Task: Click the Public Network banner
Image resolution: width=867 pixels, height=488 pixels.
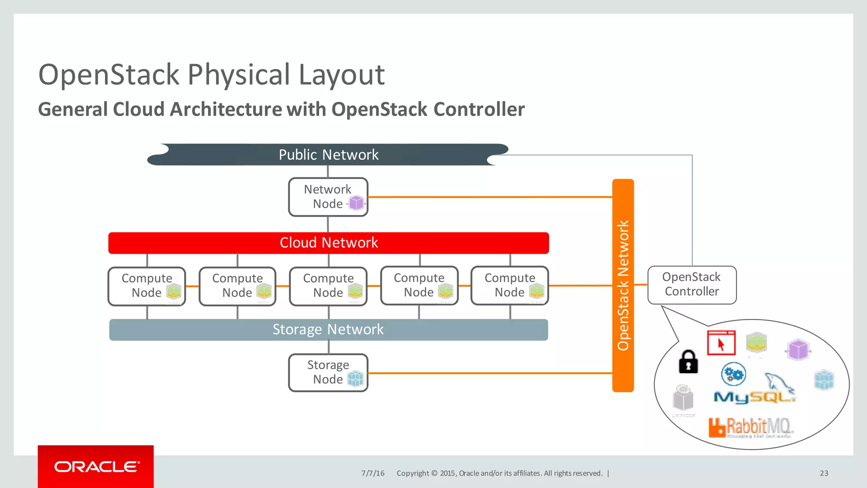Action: (328, 155)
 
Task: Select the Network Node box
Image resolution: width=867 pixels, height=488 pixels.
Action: (328, 197)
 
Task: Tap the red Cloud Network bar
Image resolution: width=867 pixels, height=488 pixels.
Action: (329, 243)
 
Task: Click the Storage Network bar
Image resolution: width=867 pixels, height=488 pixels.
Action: (329, 330)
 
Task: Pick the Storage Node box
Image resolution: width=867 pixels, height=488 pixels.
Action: (328, 372)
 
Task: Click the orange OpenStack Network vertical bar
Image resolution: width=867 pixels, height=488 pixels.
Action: (623, 285)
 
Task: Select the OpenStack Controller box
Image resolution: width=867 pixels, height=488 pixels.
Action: (692, 285)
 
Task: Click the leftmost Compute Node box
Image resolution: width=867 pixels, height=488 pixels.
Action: (146, 286)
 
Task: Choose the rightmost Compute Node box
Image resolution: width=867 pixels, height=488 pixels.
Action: (510, 286)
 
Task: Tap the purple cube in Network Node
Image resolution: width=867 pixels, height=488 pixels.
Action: (356, 203)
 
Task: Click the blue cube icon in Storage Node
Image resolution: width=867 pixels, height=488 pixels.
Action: (355, 378)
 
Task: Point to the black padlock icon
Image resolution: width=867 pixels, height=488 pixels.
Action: (688, 362)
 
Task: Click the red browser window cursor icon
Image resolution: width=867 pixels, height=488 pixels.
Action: (721, 343)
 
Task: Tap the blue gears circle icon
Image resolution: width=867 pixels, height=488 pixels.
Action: (733, 374)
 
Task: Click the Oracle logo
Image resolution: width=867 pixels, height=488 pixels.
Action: (96, 466)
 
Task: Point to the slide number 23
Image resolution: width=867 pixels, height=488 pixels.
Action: (823, 473)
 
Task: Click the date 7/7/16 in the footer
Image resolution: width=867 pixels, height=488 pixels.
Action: (373, 473)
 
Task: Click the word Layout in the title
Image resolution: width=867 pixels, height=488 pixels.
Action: (341, 75)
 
